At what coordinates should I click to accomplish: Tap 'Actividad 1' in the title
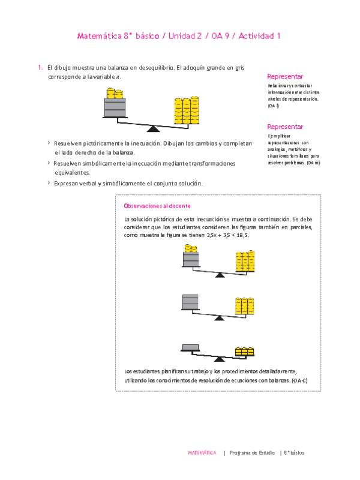click(x=260, y=36)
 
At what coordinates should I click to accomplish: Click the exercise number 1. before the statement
click(x=40, y=68)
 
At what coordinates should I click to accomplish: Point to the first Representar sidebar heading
click(x=285, y=77)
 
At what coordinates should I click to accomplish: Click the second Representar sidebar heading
click(x=285, y=127)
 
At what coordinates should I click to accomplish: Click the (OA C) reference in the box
click(x=299, y=381)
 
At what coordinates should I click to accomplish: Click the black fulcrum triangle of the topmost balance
click(x=154, y=128)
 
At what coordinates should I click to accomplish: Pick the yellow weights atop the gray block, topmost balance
click(x=115, y=94)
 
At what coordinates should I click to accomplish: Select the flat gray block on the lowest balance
click(x=191, y=346)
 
